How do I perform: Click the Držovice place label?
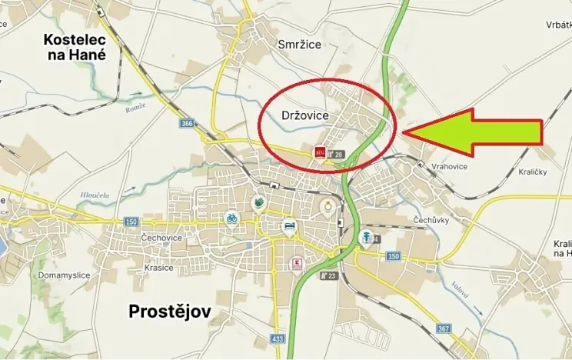coord(305,115)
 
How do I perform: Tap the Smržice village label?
coord(299,45)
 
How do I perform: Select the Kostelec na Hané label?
coord(75,46)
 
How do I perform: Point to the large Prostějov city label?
coord(169,312)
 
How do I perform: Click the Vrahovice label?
coord(450,165)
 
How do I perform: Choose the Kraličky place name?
coord(532,172)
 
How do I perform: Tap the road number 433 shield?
coord(278,338)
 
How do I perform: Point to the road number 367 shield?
coord(444,329)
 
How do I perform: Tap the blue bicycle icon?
coord(231,218)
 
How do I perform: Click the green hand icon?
coord(259,203)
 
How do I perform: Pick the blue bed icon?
coord(289,225)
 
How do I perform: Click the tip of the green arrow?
coord(403,132)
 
